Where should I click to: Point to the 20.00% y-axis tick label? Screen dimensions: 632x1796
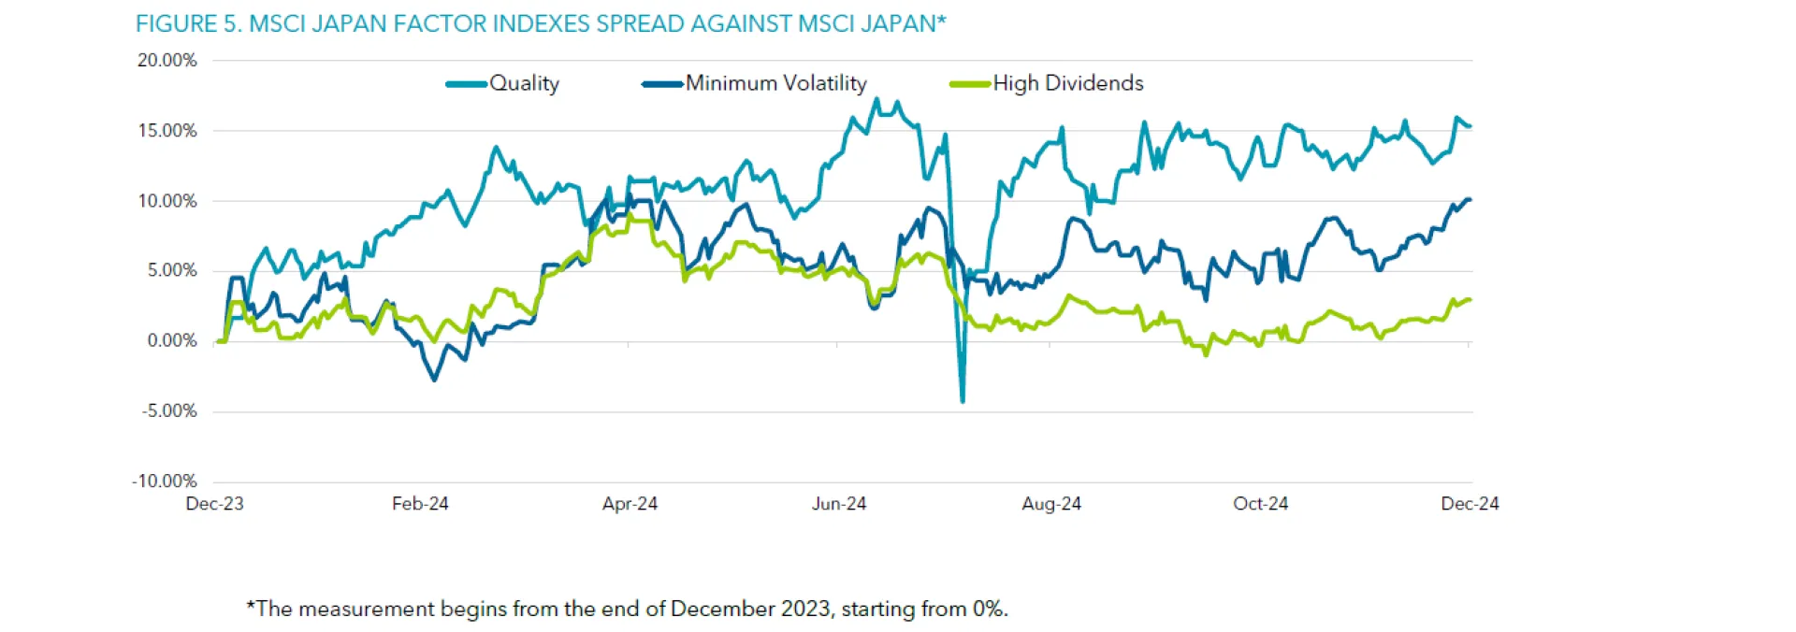point(167,61)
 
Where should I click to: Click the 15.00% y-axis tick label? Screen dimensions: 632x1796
point(167,131)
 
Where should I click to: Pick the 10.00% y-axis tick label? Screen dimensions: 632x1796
point(167,201)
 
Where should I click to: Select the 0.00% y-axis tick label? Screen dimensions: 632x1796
point(172,341)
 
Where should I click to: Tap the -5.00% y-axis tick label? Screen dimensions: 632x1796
point(169,411)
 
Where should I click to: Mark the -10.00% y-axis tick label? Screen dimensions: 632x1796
point(165,481)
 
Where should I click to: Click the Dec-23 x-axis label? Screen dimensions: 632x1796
point(214,504)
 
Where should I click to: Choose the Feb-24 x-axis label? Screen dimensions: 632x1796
point(420,504)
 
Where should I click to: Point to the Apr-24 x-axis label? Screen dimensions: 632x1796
point(630,504)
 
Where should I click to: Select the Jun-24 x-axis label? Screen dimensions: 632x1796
point(839,504)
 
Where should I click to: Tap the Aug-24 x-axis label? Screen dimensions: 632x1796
point(1051,504)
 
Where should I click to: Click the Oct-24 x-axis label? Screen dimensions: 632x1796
point(1260,504)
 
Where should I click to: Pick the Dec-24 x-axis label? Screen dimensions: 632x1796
point(1470,504)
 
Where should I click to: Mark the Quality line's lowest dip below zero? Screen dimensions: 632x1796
point(963,400)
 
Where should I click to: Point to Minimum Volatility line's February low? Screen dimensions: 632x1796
point(434,379)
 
